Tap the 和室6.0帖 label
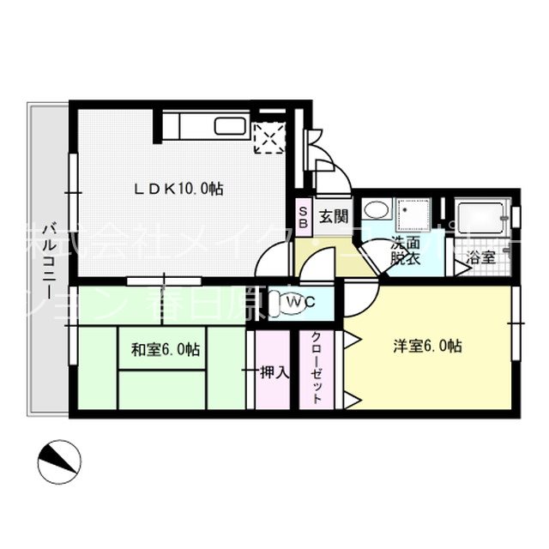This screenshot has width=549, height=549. [x=166, y=349]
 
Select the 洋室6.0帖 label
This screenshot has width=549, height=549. [x=427, y=346]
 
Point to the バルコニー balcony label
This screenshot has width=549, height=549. [x=42, y=257]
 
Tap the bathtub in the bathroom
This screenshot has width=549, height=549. [x=482, y=216]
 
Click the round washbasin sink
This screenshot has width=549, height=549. [x=374, y=210]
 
